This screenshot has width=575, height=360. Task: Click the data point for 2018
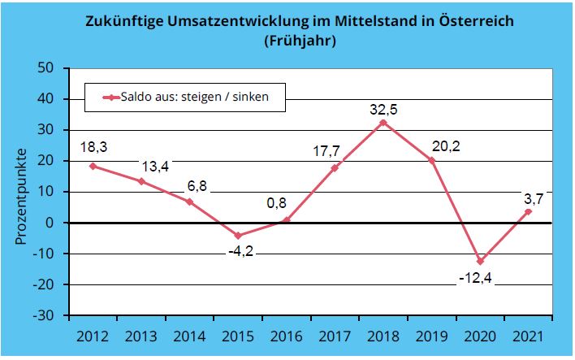click(x=383, y=123)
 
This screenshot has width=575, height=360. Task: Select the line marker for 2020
click(x=480, y=261)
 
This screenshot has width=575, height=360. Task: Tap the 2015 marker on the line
click(x=238, y=236)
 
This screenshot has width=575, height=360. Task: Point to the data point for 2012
click(x=93, y=166)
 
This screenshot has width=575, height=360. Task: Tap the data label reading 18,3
click(x=93, y=146)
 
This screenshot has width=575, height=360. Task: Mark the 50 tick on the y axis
click(x=47, y=67)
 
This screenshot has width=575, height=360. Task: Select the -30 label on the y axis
click(x=44, y=315)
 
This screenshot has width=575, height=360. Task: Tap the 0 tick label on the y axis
click(x=51, y=223)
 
